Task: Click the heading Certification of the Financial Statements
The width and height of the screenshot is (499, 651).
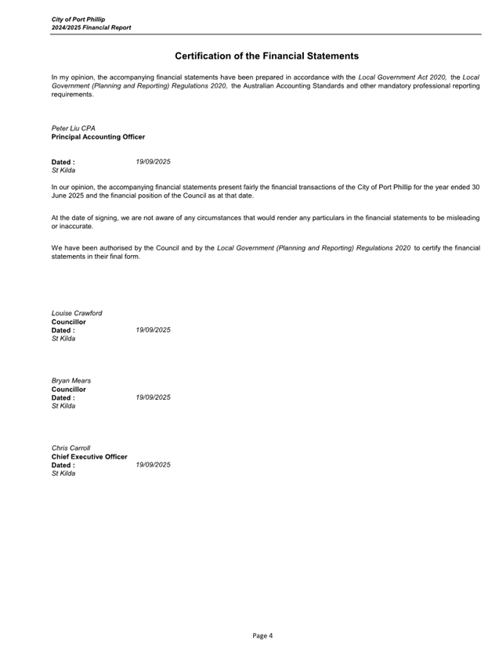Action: [266, 56]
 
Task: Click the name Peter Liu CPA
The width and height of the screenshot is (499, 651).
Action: [74, 128]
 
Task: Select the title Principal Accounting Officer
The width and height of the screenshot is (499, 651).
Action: [98, 137]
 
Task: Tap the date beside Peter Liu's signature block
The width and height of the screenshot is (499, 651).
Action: [153, 162]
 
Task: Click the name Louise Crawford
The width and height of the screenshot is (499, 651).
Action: [77, 313]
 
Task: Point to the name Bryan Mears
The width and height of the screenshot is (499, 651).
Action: [71, 381]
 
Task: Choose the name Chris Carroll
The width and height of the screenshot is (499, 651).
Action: [71, 448]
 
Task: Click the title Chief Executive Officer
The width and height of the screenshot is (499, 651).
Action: [89, 457]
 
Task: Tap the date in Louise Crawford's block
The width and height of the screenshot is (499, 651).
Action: [153, 330]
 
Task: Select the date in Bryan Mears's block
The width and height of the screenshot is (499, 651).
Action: [153, 397]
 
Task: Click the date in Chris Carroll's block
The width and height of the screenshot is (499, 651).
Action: [153, 465]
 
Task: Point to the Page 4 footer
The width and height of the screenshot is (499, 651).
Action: [262, 635]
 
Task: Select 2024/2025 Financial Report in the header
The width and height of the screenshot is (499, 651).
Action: [92, 27]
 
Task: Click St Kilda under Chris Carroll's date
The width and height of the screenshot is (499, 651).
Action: [63, 473]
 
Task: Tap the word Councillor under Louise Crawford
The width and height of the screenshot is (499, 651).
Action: [69, 322]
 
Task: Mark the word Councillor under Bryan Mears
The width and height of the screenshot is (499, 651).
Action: [69, 389]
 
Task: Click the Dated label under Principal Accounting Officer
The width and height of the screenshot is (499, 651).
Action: [63, 162]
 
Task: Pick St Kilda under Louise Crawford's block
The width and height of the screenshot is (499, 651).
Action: [63, 339]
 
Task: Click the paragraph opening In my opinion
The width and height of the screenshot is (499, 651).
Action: [266, 86]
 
